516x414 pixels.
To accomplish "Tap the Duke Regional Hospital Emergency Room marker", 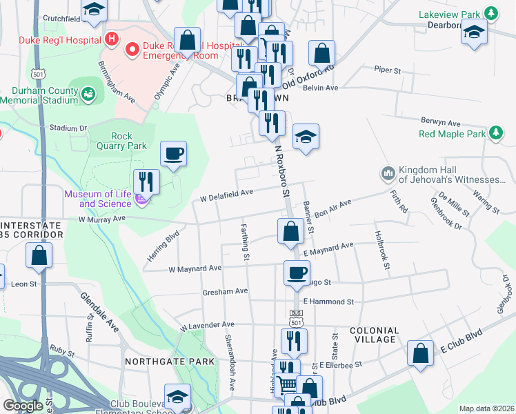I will (x=131, y=48).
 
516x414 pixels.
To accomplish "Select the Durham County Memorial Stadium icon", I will (x=88, y=93).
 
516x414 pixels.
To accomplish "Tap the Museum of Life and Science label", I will (x=97, y=199).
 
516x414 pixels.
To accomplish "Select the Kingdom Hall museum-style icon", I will (x=387, y=172).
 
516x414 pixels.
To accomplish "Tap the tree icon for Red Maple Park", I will (x=495, y=132).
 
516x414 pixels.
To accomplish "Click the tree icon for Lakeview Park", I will (x=490, y=13).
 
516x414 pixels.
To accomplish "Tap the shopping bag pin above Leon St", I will (x=40, y=255).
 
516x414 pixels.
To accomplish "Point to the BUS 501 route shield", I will (x=296, y=318).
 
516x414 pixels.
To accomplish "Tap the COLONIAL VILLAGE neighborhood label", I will (x=374, y=335).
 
